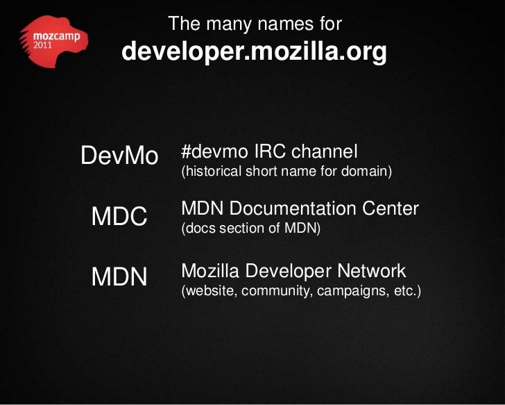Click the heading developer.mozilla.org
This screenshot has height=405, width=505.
(254, 52)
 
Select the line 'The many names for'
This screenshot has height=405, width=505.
(255, 24)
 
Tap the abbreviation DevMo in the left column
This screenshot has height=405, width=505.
(119, 156)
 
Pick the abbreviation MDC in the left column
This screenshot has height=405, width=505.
(119, 217)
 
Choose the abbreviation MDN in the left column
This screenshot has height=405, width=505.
(119, 277)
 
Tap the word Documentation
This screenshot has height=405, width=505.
(300, 208)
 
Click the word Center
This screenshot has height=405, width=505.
(394, 208)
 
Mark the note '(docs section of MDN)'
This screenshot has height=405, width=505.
(250, 228)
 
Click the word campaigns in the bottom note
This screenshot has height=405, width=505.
(345, 290)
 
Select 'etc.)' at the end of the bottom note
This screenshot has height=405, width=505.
(407, 290)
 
